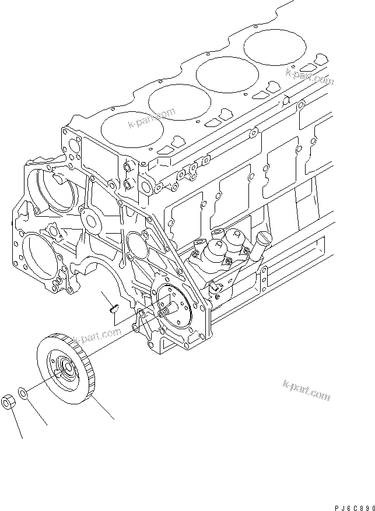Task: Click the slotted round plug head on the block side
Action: click(265, 237)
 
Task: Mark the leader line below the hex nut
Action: click(17, 423)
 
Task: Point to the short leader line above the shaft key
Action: click(106, 295)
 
